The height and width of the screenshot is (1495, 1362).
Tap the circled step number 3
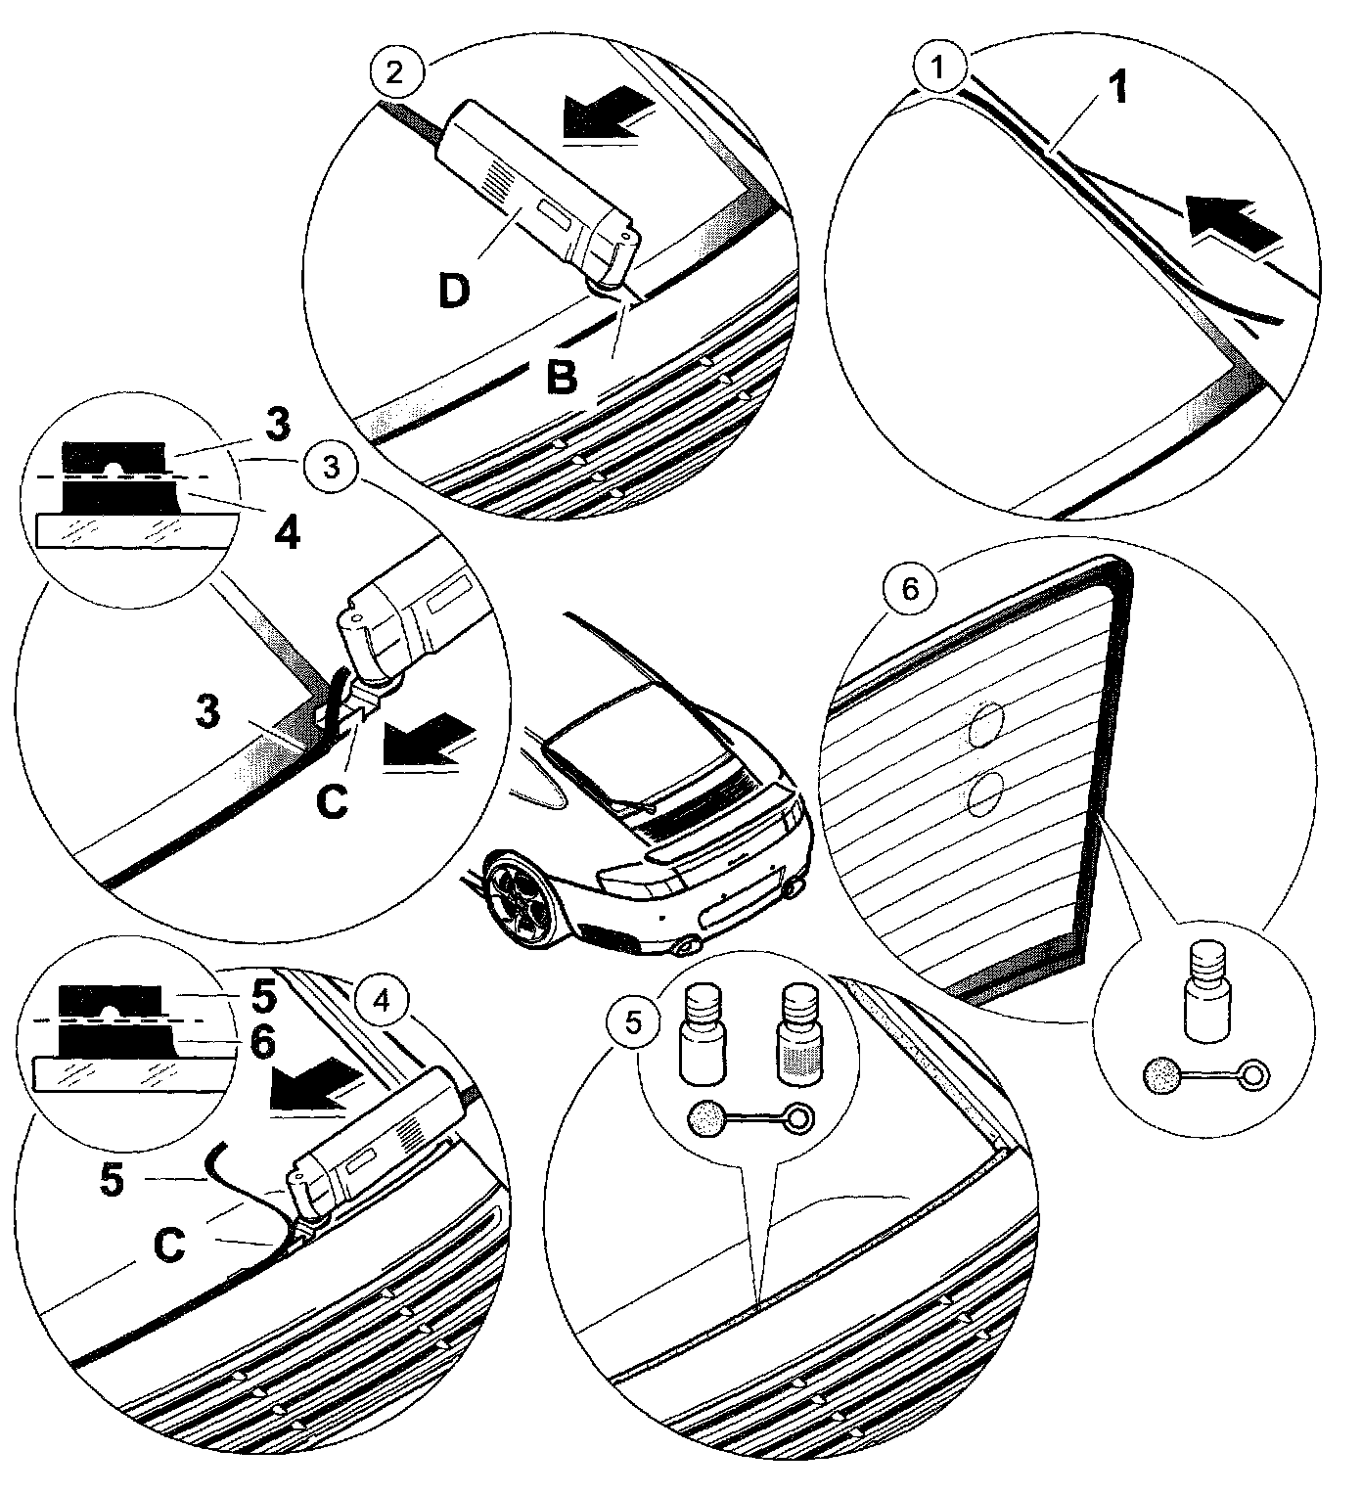point(331,467)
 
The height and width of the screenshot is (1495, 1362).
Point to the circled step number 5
point(634,1024)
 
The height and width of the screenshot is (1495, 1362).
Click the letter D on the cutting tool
point(453,292)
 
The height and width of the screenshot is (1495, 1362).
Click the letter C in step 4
point(170,1246)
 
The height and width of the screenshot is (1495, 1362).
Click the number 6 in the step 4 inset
point(261,1042)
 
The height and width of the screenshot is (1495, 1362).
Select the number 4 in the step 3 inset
point(286,534)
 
